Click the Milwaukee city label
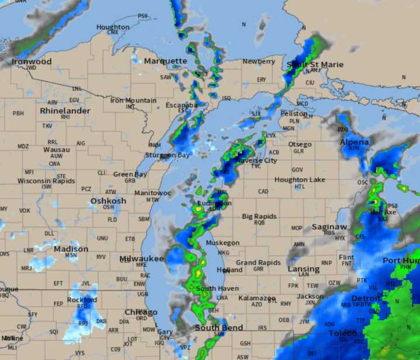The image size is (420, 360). pos(142,258)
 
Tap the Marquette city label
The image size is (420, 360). pos(165,61)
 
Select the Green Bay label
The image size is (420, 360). pos(130,174)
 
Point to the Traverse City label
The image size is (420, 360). pos(256,160)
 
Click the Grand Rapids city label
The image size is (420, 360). pos(258,263)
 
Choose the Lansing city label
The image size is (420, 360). pos(304,269)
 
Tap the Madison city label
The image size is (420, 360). pos(71,249)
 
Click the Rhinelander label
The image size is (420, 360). pos(65,110)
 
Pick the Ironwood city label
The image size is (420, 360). pos(32,61)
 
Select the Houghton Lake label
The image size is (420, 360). pos(300,180)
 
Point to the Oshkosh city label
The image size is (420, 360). pos(108,201)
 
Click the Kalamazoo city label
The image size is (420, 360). pos(257,298)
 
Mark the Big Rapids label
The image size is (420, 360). pos(260,216)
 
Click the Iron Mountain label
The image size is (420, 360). pos(133,100)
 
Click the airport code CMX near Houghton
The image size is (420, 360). pos(113,33)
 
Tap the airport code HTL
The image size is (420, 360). pos(300,187)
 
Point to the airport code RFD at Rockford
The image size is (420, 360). pos(82,306)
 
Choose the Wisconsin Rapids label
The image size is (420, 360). pos(46,181)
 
